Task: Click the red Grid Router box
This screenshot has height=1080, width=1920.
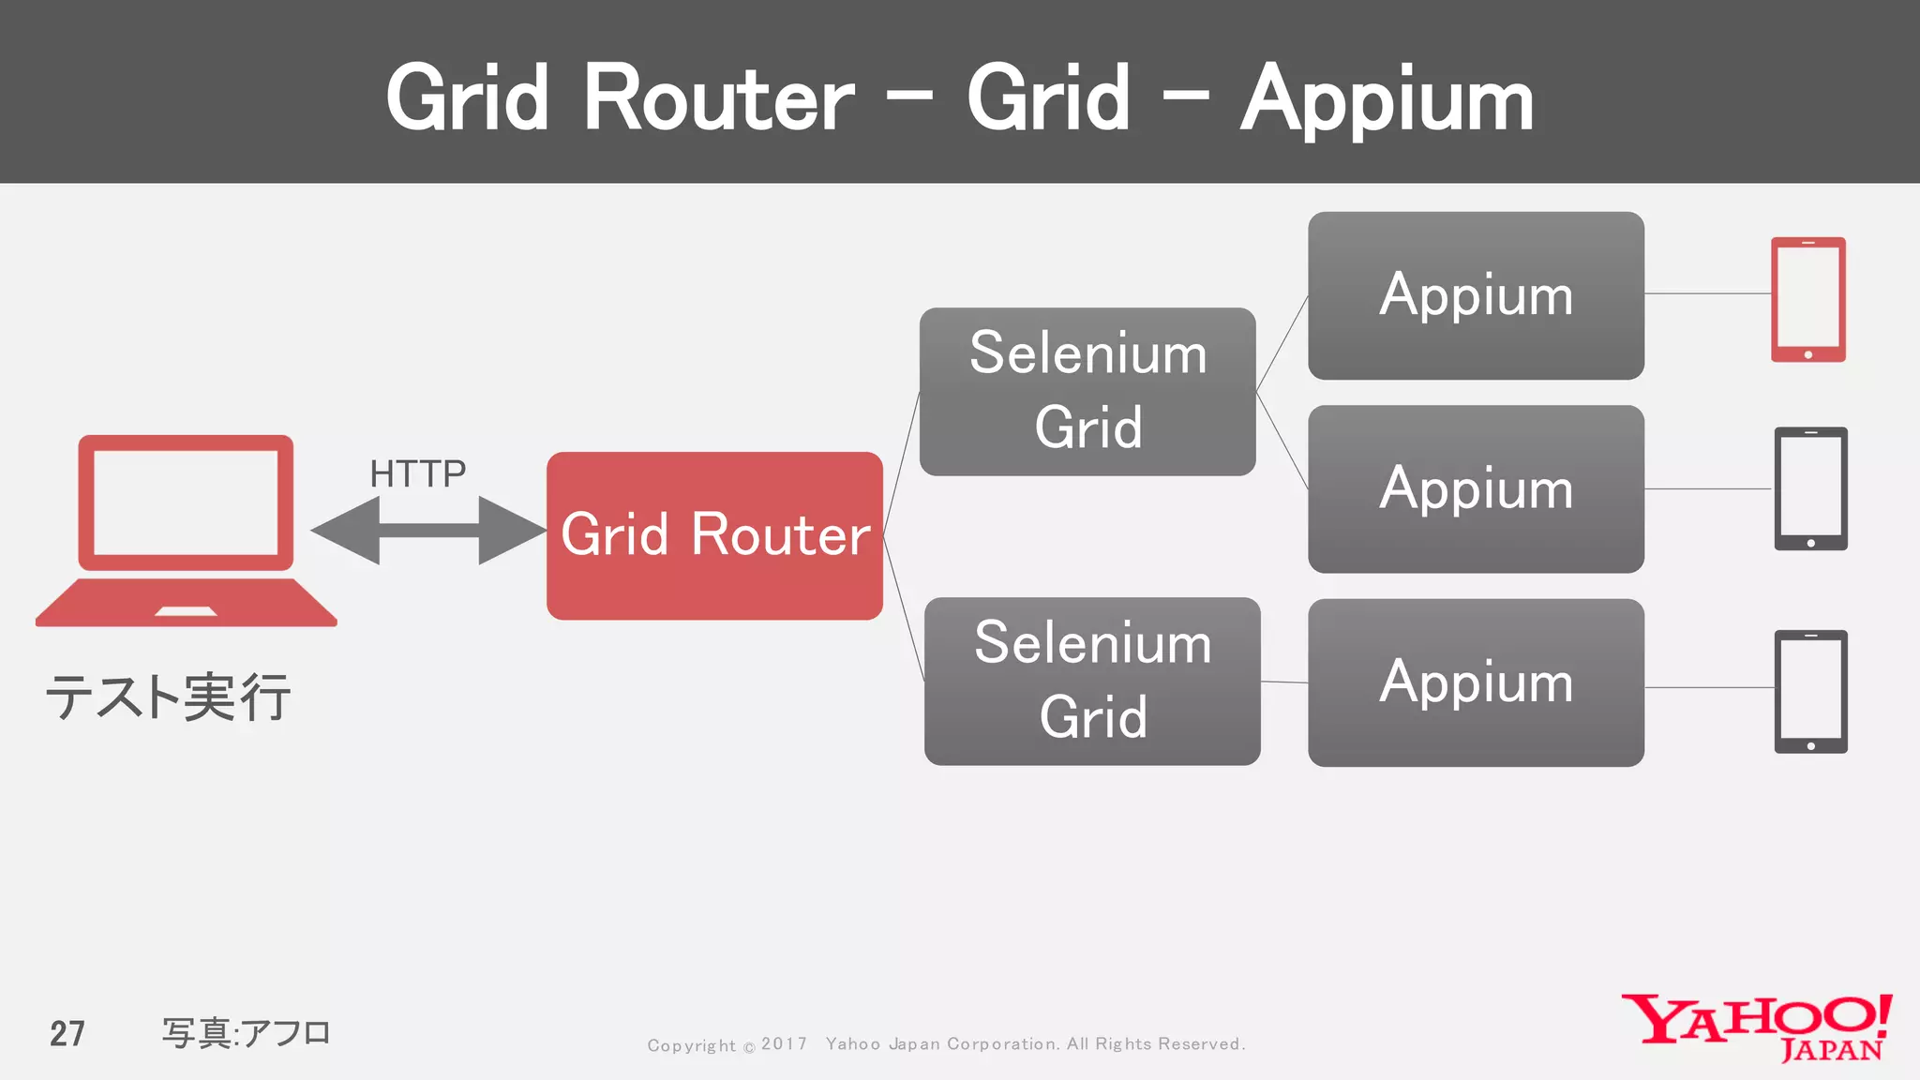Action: click(x=714, y=535)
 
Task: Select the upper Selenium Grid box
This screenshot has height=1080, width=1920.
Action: click(x=1087, y=391)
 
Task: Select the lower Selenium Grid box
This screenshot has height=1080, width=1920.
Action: click(x=1092, y=681)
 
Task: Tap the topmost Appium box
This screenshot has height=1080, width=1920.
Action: click(x=1476, y=295)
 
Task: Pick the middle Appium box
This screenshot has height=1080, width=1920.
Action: click(x=1476, y=488)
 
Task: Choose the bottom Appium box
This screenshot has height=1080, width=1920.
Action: click(x=1476, y=682)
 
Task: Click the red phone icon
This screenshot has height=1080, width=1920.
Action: click(x=1807, y=299)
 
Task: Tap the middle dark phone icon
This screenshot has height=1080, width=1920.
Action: click(x=1810, y=488)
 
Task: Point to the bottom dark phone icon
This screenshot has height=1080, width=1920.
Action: click(x=1810, y=691)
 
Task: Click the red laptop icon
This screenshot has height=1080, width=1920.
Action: click(x=186, y=530)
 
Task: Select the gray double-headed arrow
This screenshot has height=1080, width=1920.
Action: click(x=428, y=531)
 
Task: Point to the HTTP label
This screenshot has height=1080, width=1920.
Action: click(x=418, y=474)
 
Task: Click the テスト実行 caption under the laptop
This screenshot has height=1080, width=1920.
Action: click(x=169, y=697)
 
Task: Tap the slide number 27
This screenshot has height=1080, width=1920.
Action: click(x=67, y=1033)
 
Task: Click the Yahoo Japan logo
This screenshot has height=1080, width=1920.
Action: click(x=1757, y=1027)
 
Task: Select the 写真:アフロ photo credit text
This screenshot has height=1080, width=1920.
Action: click(x=247, y=1033)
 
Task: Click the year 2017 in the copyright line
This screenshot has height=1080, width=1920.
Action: click(x=784, y=1044)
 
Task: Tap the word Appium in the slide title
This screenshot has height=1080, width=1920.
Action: click(x=1387, y=99)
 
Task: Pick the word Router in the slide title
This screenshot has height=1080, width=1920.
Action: click(x=718, y=99)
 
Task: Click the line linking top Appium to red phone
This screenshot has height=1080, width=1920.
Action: click(x=1707, y=293)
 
